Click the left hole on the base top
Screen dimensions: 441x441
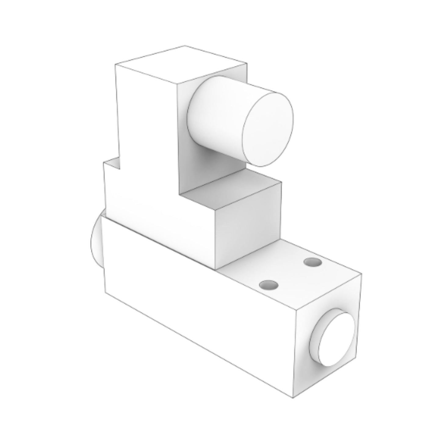point(269,285)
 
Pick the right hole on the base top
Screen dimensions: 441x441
point(313,262)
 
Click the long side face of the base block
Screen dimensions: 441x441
point(195,308)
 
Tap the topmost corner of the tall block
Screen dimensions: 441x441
point(185,46)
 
